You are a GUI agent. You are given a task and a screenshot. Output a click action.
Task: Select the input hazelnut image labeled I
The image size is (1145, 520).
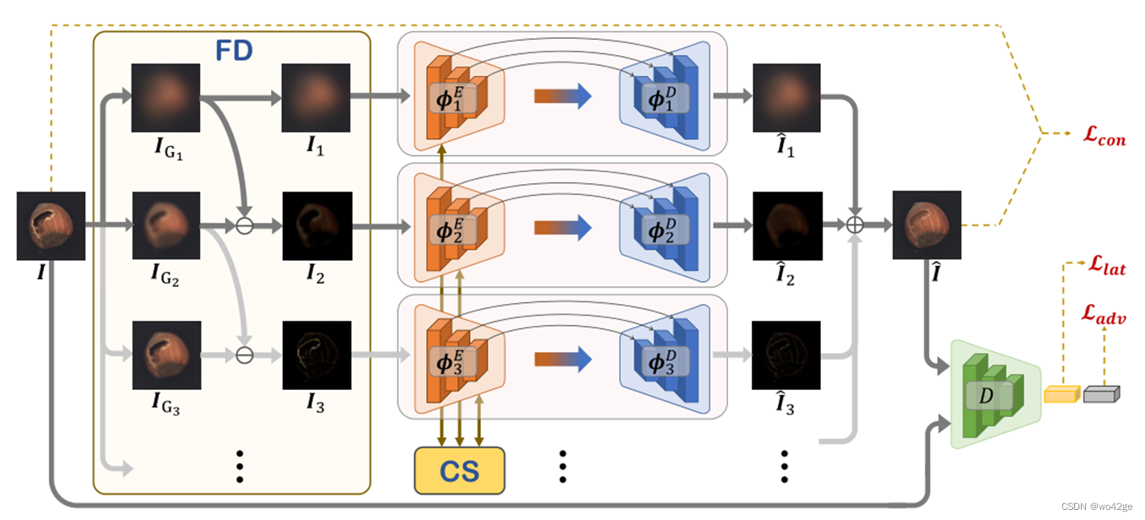pyautogui.click(x=51, y=225)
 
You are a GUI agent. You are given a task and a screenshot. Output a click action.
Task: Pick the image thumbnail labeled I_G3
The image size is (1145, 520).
pyautogui.click(x=165, y=354)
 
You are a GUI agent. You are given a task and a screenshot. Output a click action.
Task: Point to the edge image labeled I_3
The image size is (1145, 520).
pyautogui.click(x=316, y=354)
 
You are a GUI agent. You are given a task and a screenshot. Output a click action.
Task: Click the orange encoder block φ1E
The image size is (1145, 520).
pyautogui.click(x=454, y=97)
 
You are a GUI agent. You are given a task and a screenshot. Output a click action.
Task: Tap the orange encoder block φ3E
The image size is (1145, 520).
pyautogui.click(x=454, y=355)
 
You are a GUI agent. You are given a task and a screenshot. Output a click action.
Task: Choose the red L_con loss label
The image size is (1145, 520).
pyautogui.click(x=1104, y=137)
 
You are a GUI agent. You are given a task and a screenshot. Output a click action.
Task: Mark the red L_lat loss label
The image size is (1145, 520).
pyautogui.click(x=1105, y=268)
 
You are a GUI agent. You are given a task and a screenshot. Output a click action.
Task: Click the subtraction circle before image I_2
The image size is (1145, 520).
pyautogui.click(x=246, y=225)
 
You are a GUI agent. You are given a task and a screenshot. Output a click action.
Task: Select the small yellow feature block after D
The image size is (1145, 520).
pyautogui.click(x=1061, y=394)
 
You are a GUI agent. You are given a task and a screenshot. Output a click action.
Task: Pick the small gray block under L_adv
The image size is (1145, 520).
pyautogui.click(x=1101, y=393)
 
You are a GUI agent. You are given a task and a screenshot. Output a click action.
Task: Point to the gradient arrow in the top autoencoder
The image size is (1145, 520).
pyautogui.click(x=562, y=96)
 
